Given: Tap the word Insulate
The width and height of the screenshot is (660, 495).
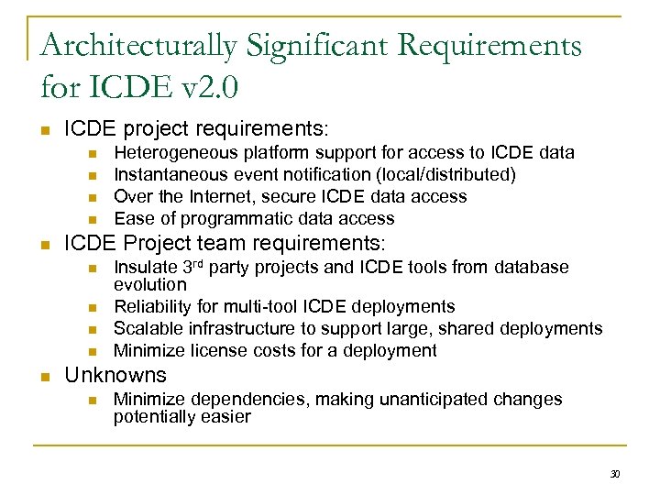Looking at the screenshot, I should pos(143,267).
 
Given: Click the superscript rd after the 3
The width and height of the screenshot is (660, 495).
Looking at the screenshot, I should pos(198,263).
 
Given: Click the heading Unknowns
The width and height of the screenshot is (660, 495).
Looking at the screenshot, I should pos(115,375).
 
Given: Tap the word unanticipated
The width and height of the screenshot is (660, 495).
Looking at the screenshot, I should pos(438,399).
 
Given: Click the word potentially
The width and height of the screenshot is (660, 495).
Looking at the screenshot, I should pos(153,416).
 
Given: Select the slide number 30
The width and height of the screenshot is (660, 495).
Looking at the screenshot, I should pos(614,474).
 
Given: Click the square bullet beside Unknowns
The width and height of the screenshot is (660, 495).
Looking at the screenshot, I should pos(46,376).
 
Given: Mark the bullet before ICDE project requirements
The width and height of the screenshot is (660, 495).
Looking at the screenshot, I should pos(46,129).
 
